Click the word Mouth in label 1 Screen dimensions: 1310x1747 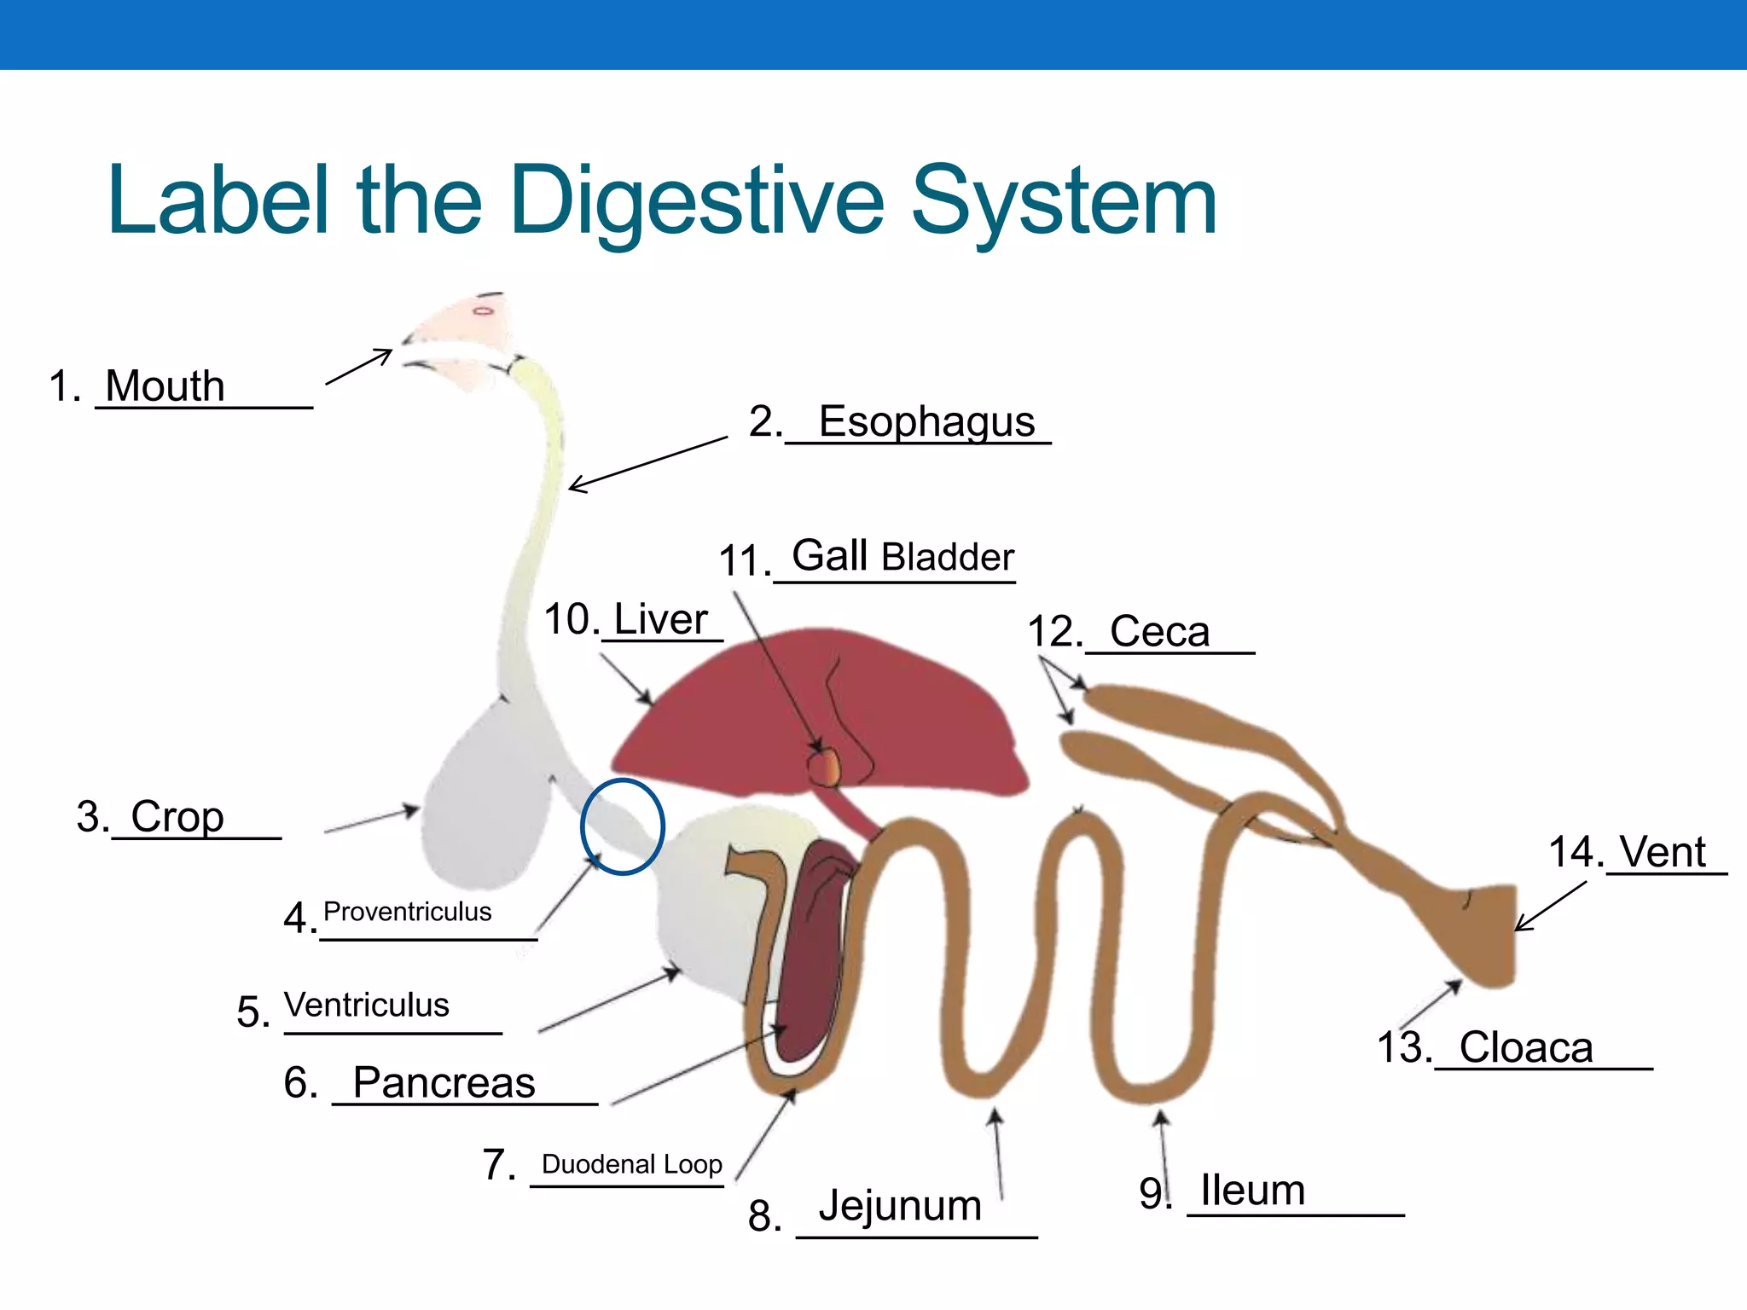[165, 386]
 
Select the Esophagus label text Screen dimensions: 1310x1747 [926, 421]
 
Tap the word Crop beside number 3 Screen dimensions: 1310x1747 [177, 817]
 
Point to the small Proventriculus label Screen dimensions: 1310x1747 [407, 912]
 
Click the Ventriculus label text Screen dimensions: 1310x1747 [366, 1005]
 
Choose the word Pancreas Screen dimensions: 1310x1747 [444, 1083]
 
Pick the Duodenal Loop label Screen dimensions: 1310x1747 [631, 1164]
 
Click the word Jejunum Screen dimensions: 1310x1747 [900, 1205]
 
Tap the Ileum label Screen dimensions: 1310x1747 [1252, 1191]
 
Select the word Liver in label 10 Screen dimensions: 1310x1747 [660, 619]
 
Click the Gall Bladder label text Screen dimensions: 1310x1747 [903, 557]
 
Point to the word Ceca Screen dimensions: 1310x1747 [1159, 632]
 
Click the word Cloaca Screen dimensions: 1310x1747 [1525, 1047]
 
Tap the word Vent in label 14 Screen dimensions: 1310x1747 [1663, 852]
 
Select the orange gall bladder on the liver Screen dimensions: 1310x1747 [824, 767]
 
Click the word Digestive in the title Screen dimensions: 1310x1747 [698, 200]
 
